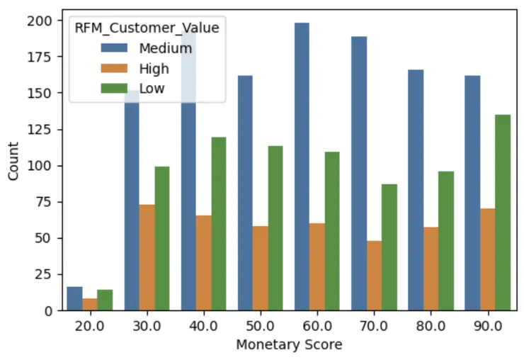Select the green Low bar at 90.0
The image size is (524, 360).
pos(501,213)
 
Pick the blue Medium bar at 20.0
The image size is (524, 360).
pos(74,298)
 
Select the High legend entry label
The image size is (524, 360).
pos(154,69)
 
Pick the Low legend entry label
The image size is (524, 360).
pos(152,89)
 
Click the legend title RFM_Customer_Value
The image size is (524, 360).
pos(147,28)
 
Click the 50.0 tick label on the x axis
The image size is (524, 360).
pos(260,327)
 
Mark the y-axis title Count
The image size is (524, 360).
pos(14,164)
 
